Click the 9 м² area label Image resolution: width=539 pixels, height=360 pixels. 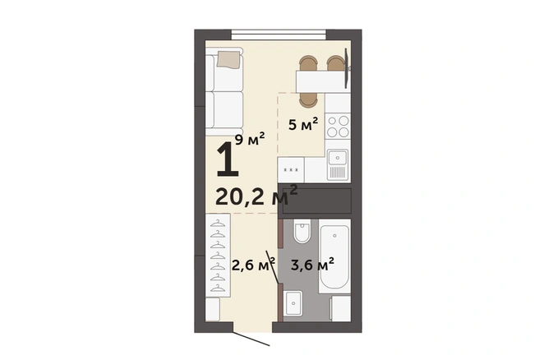point(250,139)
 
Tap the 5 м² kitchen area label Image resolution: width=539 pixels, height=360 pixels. point(303,124)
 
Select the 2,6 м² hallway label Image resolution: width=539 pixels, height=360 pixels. point(253,265)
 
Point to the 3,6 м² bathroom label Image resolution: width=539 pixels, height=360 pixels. point(312,265)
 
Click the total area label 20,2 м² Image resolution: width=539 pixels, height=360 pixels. point(256,196)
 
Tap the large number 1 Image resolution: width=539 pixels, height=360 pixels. point(228,159)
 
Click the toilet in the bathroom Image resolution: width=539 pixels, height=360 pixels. point(302,232)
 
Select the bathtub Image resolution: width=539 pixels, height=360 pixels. point(334,256)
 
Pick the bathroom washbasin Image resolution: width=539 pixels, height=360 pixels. point(293,303)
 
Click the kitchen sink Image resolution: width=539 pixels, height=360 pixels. point(338,164)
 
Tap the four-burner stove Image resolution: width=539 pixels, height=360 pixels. point(338,127)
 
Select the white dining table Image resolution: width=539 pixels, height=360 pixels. point(320,81)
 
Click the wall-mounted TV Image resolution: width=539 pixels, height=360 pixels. point(348,68)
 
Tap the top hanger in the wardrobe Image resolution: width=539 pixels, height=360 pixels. point(218,224)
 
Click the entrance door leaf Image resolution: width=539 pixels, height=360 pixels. point(251,339)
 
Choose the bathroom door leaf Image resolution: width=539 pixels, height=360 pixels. point(273,267)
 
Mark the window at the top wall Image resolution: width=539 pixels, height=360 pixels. point(279,35)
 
